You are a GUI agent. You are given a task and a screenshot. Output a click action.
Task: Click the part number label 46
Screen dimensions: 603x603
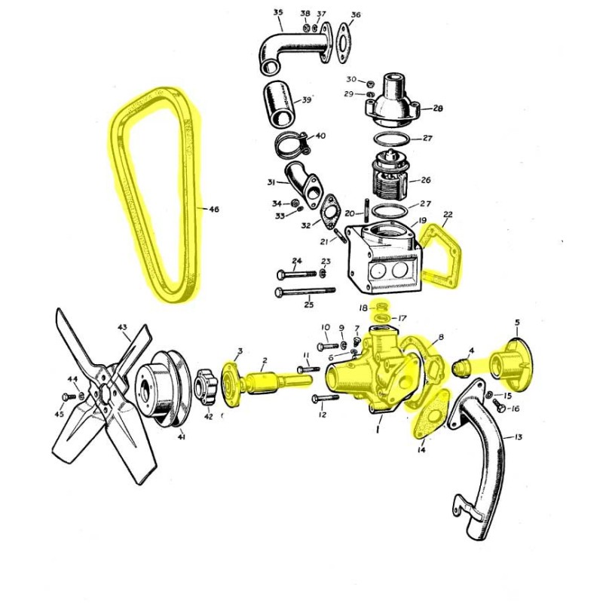tap(214, 210)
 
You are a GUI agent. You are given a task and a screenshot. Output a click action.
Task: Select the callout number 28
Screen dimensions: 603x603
tap(438, 109)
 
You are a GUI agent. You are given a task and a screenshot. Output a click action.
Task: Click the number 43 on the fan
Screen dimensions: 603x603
tap(122, 327)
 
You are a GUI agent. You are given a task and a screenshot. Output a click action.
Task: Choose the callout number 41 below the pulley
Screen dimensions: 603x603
tap(181, 436)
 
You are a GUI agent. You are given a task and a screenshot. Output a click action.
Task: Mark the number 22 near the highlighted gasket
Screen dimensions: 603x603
tap(448, 215)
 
